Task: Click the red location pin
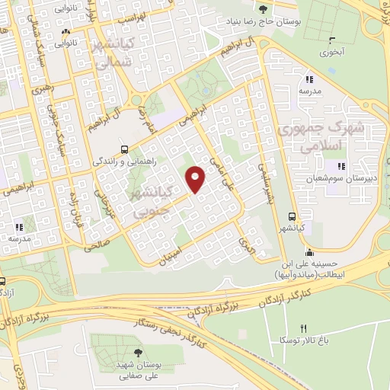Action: (197, 178)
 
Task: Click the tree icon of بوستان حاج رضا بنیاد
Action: (264, 9)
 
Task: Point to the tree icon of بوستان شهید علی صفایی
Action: (138, 352)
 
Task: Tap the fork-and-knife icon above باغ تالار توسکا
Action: (304, 328)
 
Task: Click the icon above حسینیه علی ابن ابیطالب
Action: (308, 254)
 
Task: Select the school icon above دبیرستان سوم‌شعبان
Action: (341, 166)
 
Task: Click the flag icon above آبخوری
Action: (329, 42)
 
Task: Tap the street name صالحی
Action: (97, 245)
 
